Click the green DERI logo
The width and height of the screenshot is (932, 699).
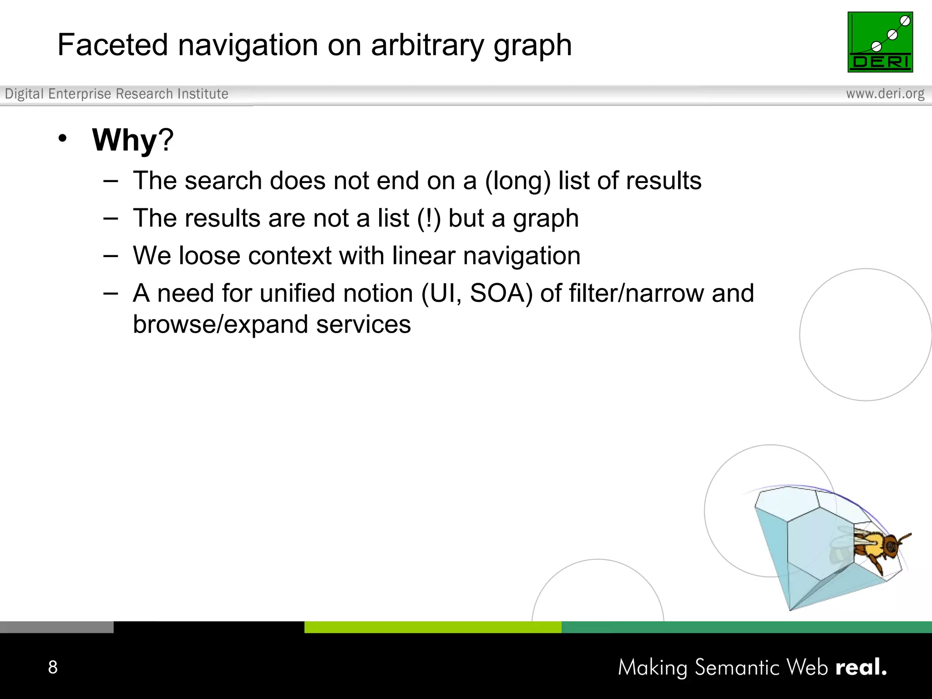[x=880, y=42]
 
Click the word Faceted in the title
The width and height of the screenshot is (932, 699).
[x=112, y=45]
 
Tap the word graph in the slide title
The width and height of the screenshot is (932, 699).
[x=532, y=46]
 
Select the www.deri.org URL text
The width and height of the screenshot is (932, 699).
[x=885, y=94]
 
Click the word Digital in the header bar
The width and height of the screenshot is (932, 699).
[x=24, y=94]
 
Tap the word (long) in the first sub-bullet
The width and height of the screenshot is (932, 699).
[x=517, y=181]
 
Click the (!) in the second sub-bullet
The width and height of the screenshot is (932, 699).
[x=429, y=218]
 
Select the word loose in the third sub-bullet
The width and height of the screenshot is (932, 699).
[x=209, y=255]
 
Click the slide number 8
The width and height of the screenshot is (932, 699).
[x=53, y=667]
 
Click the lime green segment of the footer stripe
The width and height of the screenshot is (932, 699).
[x=432, y=627]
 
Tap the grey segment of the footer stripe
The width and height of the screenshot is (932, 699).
[x=56, y=627]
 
